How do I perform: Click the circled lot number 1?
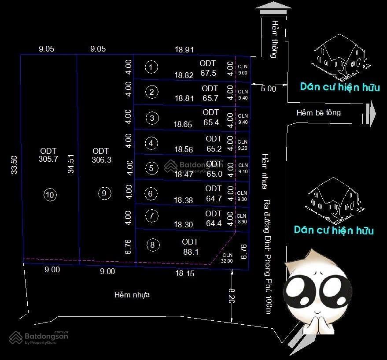click(151, 67)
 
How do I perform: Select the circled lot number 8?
click(152, 245)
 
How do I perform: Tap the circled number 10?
click(50, 194)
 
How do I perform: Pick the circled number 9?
click(103, 193)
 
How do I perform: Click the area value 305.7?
click(48, 160)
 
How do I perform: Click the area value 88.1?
click(191, 252)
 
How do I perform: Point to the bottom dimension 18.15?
click(184, 274)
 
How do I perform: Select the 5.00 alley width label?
click(268, 89)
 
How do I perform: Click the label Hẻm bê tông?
click(318, 113)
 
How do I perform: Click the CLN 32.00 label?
click(227, 258)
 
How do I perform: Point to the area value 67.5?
click(208, 73)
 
